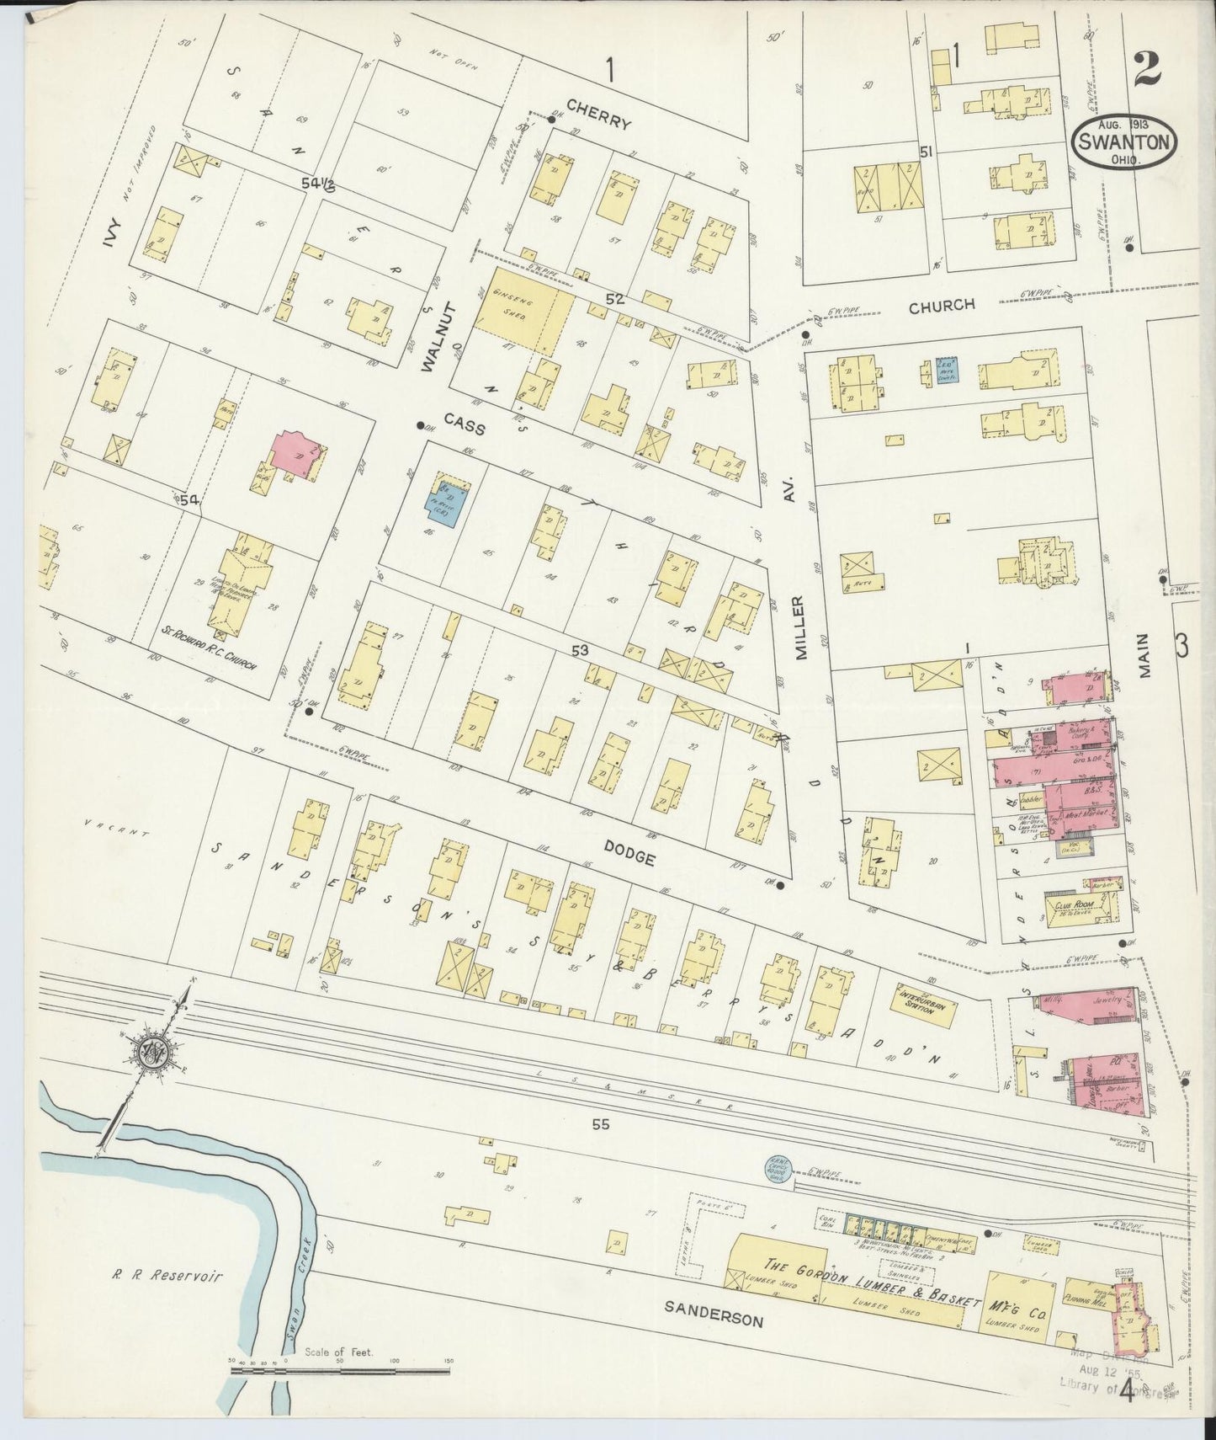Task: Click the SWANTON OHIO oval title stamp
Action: pos(1125,144)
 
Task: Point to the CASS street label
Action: pos(465,427)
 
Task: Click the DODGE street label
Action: pos(629,857)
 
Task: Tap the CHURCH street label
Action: pos(941,306)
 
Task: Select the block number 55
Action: pos(599,1124)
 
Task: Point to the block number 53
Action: pos(581,650)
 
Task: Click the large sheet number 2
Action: pos(1148,70)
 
